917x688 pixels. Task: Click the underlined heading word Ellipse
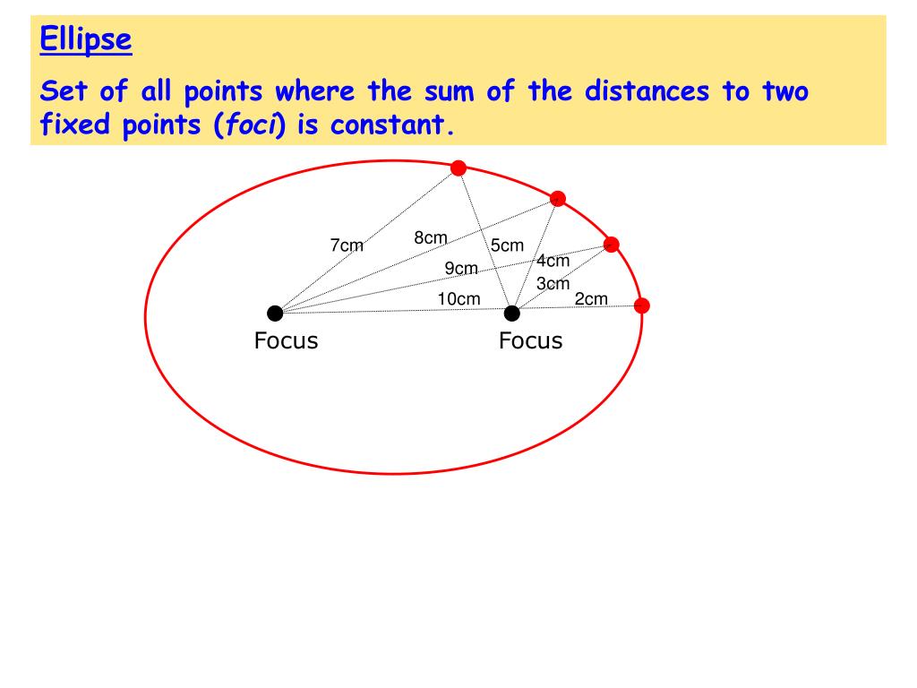click(87, 39)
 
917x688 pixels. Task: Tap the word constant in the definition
click(387, 125)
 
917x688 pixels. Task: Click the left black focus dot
click(275, 313)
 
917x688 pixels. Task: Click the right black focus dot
click(512, 313)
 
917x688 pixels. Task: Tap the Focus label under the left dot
click(286, 340)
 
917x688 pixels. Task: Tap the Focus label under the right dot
click(530, 340)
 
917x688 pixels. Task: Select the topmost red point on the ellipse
click(458, 168)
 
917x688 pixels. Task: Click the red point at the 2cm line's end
click(641, 305)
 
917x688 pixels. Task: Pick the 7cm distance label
click(347, 245)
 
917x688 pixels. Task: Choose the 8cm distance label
click(430, 237)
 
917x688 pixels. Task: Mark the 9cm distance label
click(461, 268)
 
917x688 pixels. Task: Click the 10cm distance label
click(458, 298)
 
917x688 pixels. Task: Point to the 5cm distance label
click(507, 245)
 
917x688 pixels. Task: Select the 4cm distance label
click(553, 261)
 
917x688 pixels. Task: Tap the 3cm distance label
click(553, 283)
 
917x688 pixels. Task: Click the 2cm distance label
click(591, 298)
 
